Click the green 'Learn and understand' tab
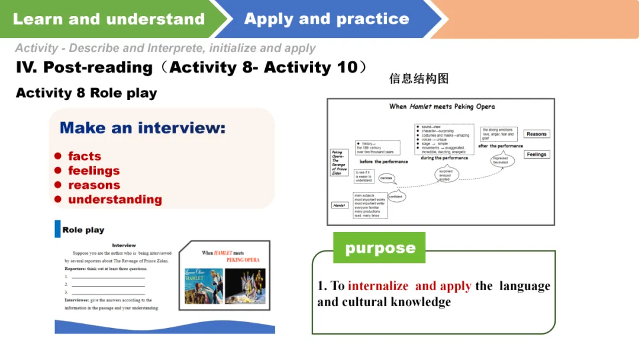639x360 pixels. tap(109, 19)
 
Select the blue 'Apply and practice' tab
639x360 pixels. tap(327, 19)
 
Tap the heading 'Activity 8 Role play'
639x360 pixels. tap(86, 93)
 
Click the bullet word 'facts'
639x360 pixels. tap(85, 156)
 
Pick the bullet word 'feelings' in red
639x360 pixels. tap(93, 171)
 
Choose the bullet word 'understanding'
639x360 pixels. tap(115, 200)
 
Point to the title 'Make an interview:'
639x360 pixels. tap(143, 128)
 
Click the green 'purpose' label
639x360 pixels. tap(380, 248)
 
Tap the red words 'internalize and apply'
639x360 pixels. tap(409, 286)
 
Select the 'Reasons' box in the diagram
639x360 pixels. tap(536, 134)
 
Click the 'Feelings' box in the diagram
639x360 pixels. tap(536, 155)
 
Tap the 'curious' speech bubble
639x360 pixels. tap(386, 178)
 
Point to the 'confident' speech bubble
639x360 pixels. tap(396, 197)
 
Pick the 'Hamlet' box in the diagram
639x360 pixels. tap(340, 205)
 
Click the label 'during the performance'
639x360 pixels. tap(444, 159)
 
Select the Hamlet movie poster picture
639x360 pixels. tap(204, 286)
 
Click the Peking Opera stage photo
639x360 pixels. tap(245, 286)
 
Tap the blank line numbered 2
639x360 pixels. tap(108, 285)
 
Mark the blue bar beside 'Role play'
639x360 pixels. tap(57, 229)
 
